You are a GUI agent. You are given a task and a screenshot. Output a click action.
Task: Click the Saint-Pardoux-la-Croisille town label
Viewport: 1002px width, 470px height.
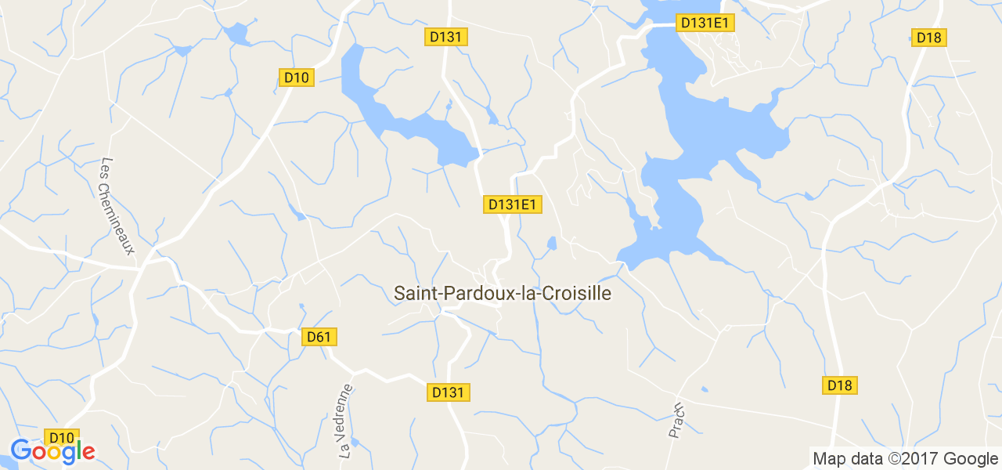[x=502, y=294]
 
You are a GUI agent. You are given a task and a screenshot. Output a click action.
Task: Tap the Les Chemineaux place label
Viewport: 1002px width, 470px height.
[x=117, y=207]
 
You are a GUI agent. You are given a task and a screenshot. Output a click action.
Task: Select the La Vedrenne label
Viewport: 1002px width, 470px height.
[x=346, y=421]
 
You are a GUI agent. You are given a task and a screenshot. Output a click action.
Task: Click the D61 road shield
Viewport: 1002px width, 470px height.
[x=319, y=337]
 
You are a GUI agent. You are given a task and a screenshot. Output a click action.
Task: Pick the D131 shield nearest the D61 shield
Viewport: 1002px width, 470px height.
[x=450, y=392]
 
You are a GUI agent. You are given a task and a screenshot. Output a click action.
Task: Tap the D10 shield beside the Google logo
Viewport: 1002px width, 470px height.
[x=62, y=438]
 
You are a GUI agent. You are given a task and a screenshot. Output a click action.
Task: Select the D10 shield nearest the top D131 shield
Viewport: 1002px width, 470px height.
[x=297, y=78]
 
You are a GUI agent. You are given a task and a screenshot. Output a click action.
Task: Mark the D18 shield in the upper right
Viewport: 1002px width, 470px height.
[x=929, y=37]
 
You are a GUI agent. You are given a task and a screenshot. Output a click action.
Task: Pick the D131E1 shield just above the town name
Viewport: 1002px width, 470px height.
[x=513, y=204]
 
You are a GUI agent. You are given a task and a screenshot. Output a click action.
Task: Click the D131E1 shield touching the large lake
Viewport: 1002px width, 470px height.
[x=705, y=23]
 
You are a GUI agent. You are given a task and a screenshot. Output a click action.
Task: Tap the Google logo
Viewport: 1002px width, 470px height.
[x=52, y=451]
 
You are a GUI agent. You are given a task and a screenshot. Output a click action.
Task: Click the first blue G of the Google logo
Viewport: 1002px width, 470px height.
[x=22, y=450]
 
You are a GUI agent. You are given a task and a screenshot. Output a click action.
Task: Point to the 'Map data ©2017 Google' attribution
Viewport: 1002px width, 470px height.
[x=905, y=459]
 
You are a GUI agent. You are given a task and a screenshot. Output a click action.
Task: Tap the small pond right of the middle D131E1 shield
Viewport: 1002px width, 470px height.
[x=552, y=244]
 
